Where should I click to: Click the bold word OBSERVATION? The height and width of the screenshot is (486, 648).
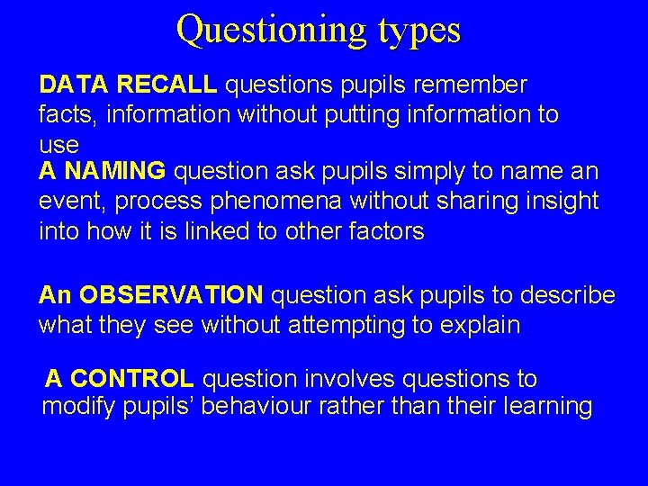[172, 295]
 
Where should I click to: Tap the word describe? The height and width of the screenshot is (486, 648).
[568, 295]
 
